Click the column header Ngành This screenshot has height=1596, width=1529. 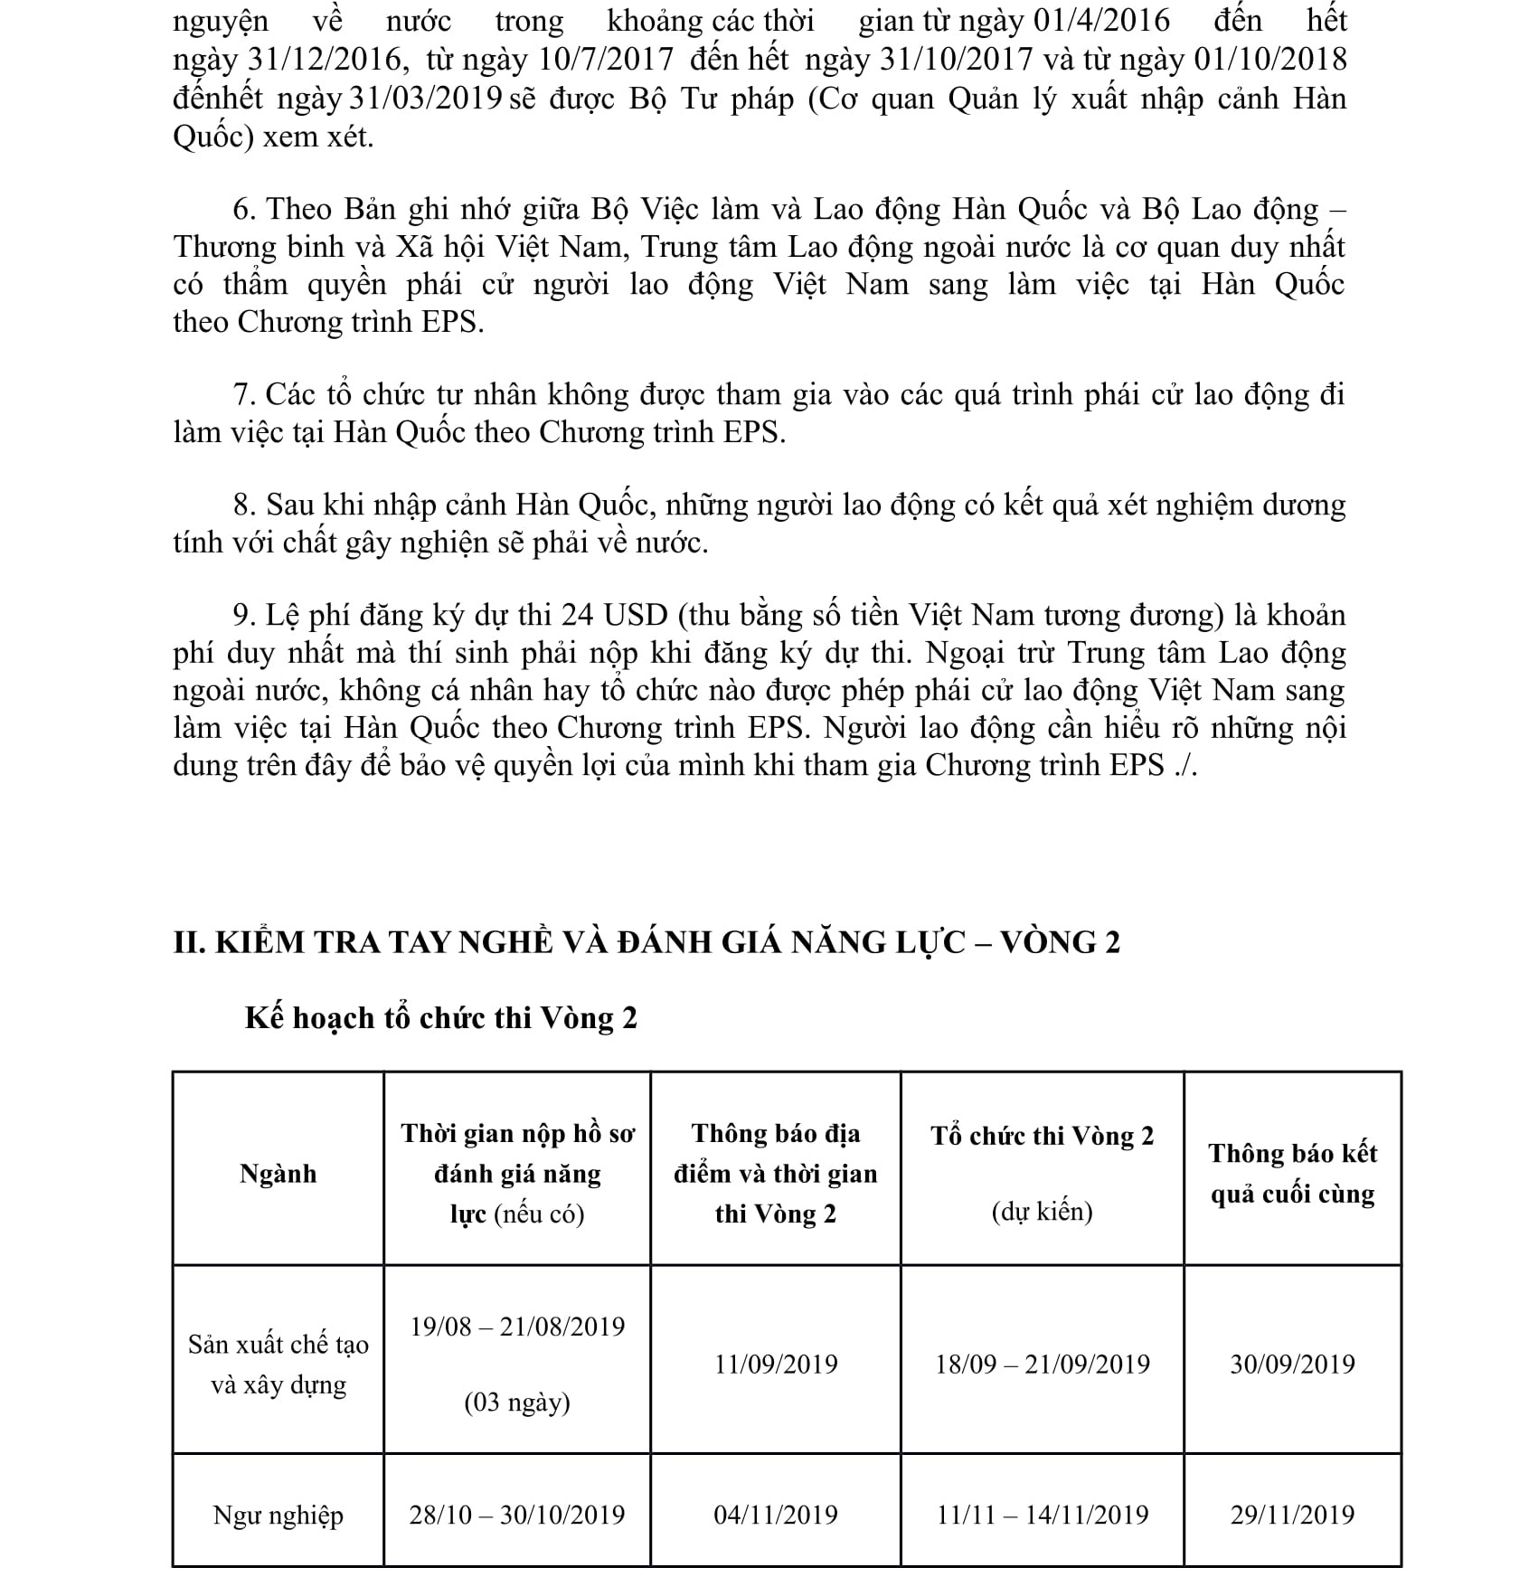coord(278,1174)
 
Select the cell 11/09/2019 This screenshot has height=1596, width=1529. coord(776,1364)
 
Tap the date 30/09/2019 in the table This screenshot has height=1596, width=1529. coord(1292,1364)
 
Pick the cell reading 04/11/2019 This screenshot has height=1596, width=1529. coord(776,1515)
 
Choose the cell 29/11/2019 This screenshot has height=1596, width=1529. coord(1292,1515)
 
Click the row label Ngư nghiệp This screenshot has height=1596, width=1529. coord(278,1515)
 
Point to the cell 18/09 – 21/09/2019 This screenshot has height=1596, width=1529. coord(1042,1364)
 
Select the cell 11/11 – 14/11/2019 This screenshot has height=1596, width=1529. coord(1042,1515)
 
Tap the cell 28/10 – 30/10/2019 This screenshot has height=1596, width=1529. coord(517,1515)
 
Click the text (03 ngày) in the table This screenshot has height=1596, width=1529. coord(517,1402)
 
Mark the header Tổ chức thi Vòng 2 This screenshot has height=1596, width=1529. coord(1042,1136)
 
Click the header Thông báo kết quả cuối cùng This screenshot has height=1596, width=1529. coord(1292,1174)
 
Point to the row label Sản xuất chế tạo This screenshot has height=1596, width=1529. coord(278,1345)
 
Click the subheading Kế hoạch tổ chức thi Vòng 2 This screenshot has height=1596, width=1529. coord(440,1018)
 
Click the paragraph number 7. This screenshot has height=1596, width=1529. coord(241,395)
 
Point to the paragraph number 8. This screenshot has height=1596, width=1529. coord(241,505)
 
